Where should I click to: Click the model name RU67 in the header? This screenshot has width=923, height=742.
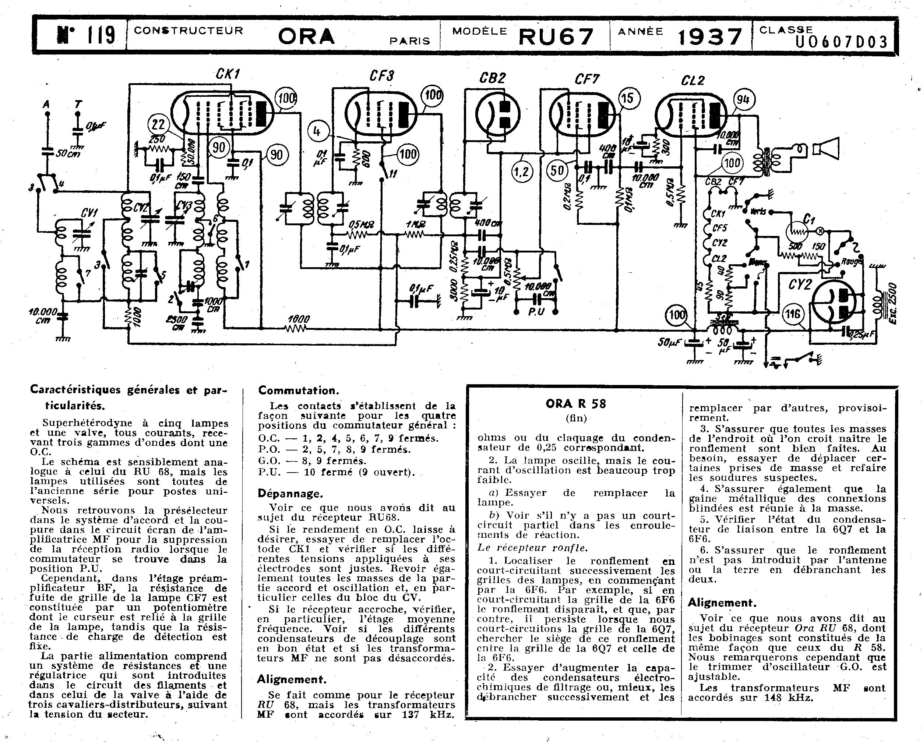556,37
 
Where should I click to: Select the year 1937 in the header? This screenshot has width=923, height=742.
709,37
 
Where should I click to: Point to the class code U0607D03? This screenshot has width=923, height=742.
842,42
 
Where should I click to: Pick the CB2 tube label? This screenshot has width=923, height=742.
492,78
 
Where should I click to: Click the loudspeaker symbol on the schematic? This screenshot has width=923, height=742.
826,148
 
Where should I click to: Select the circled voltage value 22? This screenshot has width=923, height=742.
158,124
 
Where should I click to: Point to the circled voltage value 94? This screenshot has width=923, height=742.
744,100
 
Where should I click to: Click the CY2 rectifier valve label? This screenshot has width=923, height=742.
800,284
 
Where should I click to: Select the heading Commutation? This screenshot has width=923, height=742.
298,390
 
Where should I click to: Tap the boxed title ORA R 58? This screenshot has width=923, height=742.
576,403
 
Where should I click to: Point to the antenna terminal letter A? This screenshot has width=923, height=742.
46,104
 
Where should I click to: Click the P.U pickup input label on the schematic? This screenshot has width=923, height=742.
536,311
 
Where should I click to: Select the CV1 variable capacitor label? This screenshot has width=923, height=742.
89,213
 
